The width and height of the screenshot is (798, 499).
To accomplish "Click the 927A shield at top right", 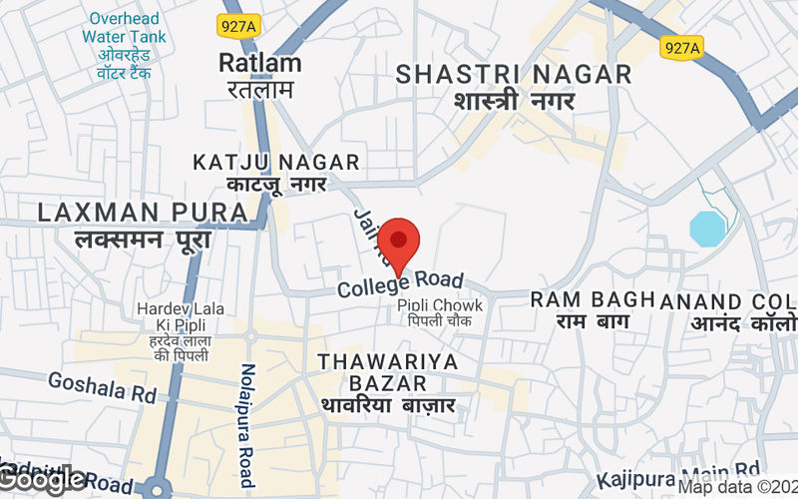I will click(x=680, y=47).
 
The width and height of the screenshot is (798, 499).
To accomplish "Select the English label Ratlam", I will click(x=259, y=63).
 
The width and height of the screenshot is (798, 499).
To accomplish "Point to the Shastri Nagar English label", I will click(x=514, y=74).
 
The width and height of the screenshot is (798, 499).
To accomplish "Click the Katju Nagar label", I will click(x=276, y=162).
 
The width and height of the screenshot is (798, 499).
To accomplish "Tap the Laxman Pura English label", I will click(x=143, y=212).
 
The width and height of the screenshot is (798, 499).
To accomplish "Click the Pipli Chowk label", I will click(x=440, y=305).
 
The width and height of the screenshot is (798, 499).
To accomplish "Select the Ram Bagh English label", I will click(x=591, y=299).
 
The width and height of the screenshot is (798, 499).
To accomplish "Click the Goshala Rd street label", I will click(x=103, y=387).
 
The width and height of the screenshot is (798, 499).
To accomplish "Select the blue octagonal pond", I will click(x=708, y=229).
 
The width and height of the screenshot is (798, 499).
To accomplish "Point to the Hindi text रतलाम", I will click(x=258, y=89).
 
